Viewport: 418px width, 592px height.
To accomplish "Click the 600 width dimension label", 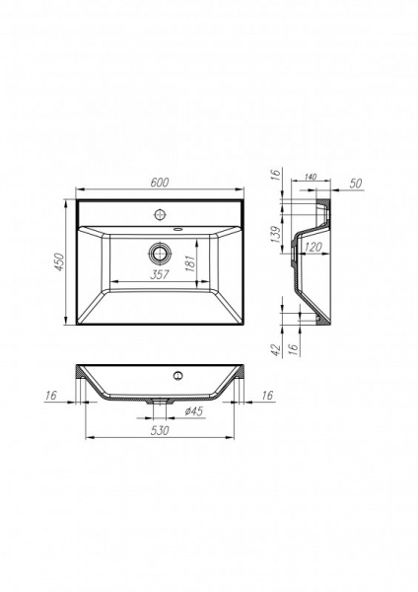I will [x=159, y=181].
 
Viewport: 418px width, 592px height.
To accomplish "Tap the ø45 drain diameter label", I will [x=193, y=410].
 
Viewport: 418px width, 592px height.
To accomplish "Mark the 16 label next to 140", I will [x=278, y=177].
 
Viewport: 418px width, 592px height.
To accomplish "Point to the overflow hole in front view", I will [x=178, y=375].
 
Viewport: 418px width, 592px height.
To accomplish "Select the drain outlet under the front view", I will [x=158, y=401].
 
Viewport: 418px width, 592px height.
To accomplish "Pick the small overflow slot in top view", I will [x=178, y=228].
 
